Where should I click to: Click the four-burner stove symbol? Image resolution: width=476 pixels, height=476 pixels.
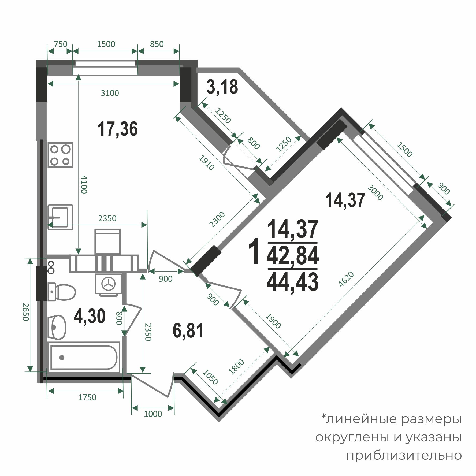coord(61,155)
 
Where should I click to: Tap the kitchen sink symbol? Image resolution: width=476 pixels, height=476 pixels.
coord(61,217)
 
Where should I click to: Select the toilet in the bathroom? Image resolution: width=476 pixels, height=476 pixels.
coord(62,292)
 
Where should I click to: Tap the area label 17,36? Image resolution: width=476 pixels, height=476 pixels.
coord(118,129)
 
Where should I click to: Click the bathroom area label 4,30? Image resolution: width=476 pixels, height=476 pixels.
coord(90,316)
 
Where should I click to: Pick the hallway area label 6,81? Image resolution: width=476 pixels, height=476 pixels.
coord(188,331)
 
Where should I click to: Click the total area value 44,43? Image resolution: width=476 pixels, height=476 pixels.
coord(292,282)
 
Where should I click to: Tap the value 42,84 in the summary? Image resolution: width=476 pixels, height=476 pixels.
coord(292,255)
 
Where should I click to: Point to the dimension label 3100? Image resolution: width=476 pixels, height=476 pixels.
coord(110,93)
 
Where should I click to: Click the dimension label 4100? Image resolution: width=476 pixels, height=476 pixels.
coord(84,184)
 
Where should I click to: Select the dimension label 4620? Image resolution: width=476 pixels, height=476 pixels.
coord(347,280)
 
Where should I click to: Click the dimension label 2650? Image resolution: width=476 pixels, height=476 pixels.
coord(25,312)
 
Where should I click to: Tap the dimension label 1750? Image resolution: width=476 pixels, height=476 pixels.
coord(87,397)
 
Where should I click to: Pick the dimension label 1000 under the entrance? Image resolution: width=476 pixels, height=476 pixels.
coord(153,414)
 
